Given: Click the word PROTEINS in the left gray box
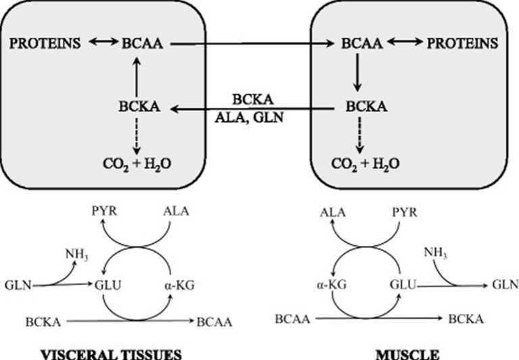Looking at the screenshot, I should point(45,44).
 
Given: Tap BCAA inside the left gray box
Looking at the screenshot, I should point(145,44).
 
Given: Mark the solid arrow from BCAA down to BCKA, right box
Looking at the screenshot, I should point(358,75).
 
